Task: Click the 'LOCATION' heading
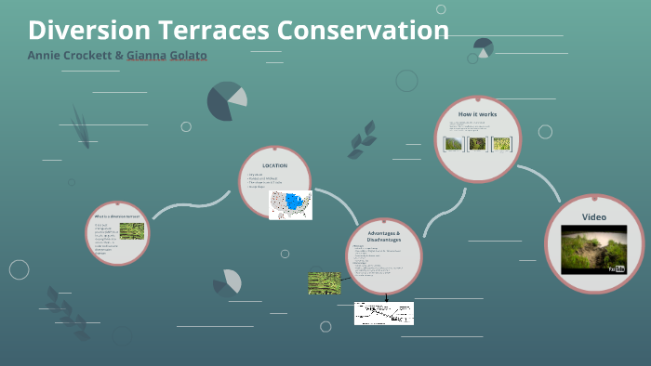(274, 165)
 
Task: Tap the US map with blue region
(290, 204)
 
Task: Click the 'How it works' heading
(477, 114)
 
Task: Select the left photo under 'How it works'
(454, 144)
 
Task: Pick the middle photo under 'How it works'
(477, 144)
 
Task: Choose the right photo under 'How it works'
(501, 144)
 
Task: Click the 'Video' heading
(593, 216)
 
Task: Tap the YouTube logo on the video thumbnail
(617, 268)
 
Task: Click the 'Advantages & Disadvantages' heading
(383, 235)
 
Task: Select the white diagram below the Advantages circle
(383, 313)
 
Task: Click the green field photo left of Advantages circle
(325, 283)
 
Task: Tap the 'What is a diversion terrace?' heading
(116, 216)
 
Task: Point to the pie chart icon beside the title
(483, 46)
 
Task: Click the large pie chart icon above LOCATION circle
(226, 101)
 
